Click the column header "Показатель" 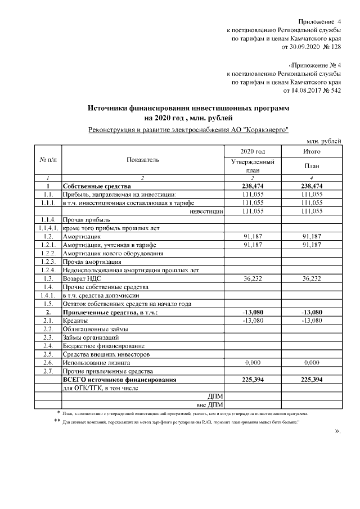143,160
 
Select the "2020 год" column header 253,151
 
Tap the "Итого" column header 311,151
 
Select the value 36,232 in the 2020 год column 253,278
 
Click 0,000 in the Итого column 311,363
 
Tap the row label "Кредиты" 75,321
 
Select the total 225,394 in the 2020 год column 253,380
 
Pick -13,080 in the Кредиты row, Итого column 311,321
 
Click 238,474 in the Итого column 311,186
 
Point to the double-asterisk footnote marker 57,421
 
